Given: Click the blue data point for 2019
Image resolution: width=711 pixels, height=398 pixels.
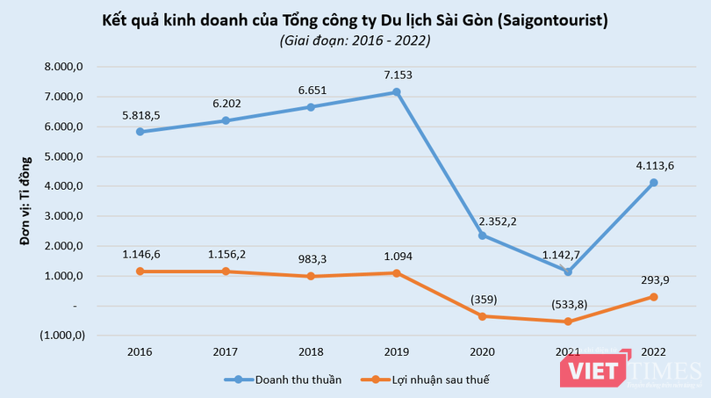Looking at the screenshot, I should pyautogui.click(x=397, y=91).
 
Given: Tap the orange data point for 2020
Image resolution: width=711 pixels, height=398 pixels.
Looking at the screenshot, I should pyautogui.click(x=483, y=316).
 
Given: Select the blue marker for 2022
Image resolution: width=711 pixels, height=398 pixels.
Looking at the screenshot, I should pyautogui.click(x=654, y=183).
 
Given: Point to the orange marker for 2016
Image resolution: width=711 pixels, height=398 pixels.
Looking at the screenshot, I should pyautogui.click(x=140, y=271).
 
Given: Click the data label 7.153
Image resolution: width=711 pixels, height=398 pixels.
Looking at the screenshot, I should pyautogui.click(x=397, y=75).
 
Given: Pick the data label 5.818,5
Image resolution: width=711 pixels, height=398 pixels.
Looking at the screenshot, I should pyautogui.click(x=140, y=114).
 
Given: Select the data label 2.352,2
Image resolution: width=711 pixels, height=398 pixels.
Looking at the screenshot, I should pyautogui.click(x=498, y=221).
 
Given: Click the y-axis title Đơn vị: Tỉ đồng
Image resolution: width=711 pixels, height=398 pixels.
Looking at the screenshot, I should pyautogui.click(x=25, y=201).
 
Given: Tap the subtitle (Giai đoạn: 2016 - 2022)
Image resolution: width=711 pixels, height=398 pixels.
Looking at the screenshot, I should pyautogui.click(x=355, y=40).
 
